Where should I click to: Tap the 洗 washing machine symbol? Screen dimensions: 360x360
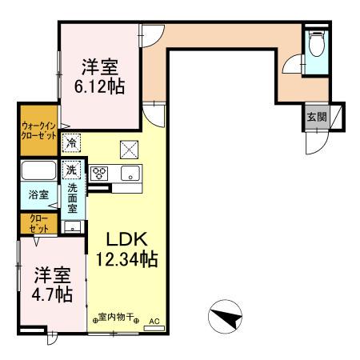[x=71, y=170]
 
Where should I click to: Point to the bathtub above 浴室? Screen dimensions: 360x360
[x=37, y=170]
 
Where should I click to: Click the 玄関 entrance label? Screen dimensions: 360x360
[x=314, y=117]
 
